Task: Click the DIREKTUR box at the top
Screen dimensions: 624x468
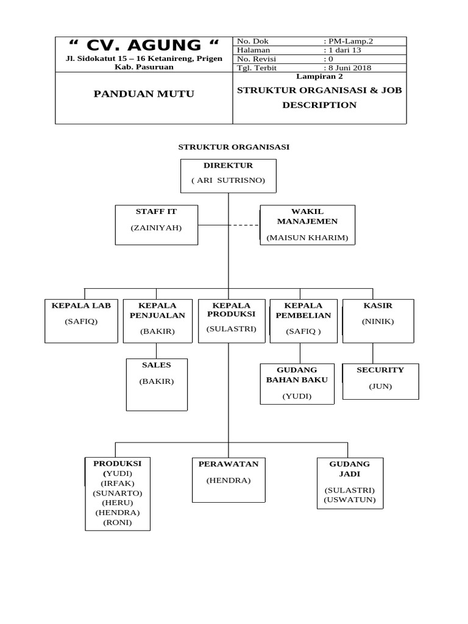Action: click(x=229, y=175)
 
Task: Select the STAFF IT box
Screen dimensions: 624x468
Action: click(x=156, y=225)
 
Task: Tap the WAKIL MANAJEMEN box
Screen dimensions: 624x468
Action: click(x=307, y=225)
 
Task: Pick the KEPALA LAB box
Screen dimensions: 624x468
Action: click(x=81, y=321)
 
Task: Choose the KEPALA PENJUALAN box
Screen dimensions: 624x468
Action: click(x=157, y=321)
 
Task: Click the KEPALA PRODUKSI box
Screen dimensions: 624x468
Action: click(x=232, y=321)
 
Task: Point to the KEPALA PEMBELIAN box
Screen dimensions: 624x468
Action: click(x=303, y=321)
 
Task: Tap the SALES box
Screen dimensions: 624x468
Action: click(x=157, y=385)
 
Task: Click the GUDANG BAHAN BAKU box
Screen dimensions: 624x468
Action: click(x=297, y=384)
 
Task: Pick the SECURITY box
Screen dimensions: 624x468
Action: click(x=380, y=381)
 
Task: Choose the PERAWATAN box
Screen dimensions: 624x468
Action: click(x=229, y=480)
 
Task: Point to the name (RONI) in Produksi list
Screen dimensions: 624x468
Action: click(x=118, y=522)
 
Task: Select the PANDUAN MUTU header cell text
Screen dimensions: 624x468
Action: click(x=144, y=94)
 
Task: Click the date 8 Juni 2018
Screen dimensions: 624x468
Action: click(x=350, y=68)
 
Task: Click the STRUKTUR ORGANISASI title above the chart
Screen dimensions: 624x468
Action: click(x=233, y=147)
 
